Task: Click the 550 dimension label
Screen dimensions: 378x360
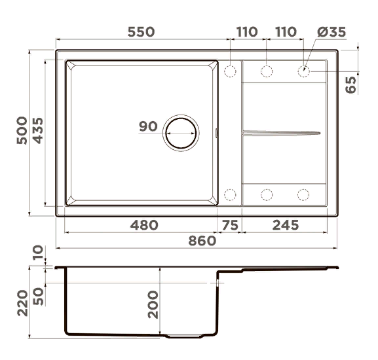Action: [x=141, y=32]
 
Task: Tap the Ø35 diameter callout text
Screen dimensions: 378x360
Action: [x=331, y=32]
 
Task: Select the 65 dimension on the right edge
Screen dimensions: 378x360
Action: [x=350, y=84]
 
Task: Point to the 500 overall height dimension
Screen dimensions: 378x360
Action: [x=22, y=130]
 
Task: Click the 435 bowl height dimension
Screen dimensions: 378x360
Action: [x=38, y=130]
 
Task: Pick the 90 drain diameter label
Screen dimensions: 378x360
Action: [x=148, y=126]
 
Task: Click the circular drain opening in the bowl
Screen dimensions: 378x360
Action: [x=181, y=133]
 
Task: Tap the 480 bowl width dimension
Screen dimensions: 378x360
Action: [x=144, y=225]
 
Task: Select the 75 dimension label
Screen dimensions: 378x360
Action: [x=230, y=225]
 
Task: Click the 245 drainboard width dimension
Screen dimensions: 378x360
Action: [x=286, y=225]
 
